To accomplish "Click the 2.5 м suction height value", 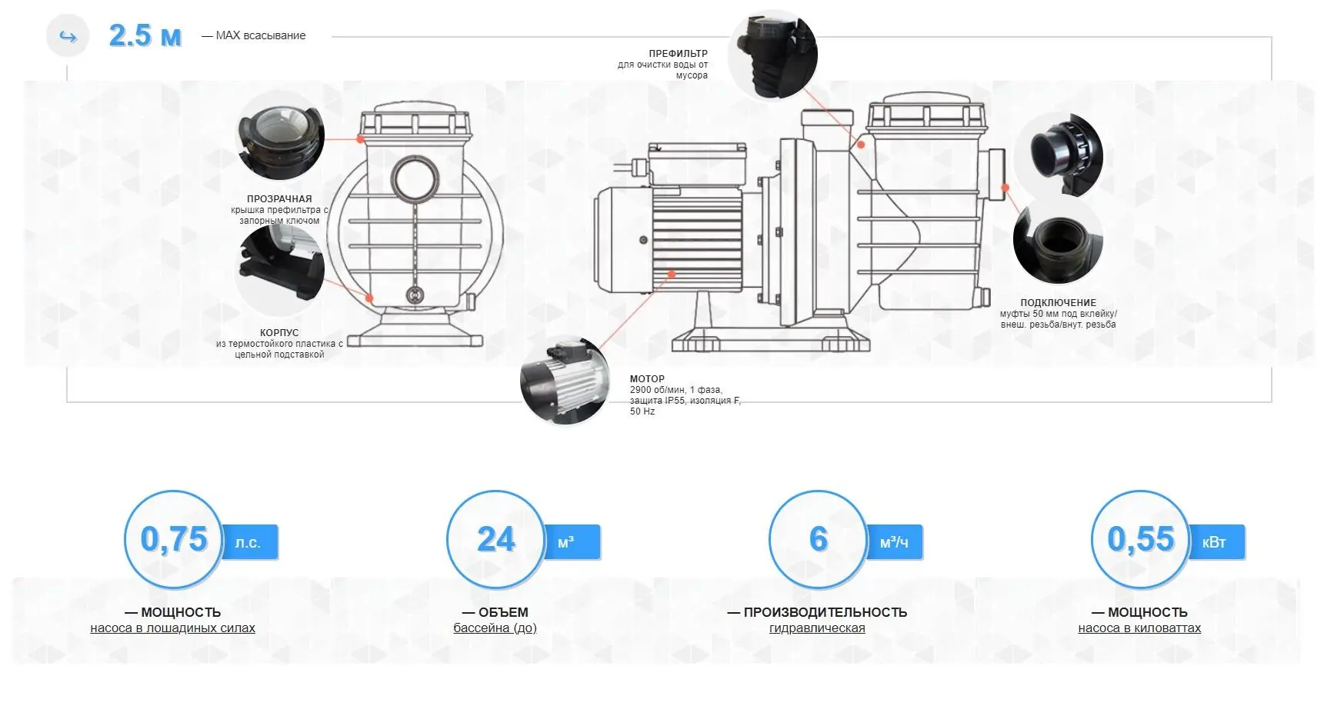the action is click(145, 35).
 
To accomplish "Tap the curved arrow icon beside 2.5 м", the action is click(68, 36).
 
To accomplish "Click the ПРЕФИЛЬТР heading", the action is click(678, 54).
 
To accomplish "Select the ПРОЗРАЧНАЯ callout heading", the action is click(279, 198).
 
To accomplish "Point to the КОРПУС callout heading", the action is click(279, 333).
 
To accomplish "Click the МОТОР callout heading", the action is click(647, 379).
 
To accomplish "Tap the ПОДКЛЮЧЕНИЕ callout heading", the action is click(1059, 303).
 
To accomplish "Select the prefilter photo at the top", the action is click(772, 55).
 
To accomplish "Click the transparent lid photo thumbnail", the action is click(280, 136).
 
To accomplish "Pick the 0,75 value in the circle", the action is click(174, 539).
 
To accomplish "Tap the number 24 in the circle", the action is click(496, 539).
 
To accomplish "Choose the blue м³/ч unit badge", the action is click(894, 542).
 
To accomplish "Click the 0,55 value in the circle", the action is click(1141, 539).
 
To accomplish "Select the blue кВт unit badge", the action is click(1215, 542).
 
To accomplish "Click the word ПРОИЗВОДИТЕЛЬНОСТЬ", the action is click(825, 613).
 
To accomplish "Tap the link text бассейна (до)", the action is click(495, 628).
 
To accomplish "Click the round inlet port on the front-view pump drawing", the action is click(415, 178).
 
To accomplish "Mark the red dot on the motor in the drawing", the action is click(672, 274).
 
